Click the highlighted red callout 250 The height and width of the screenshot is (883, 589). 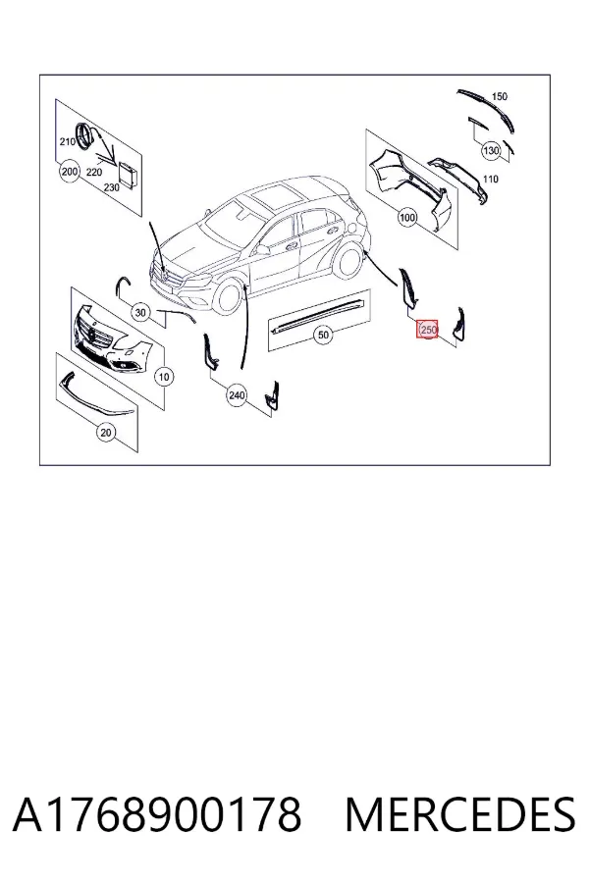pos(427,329)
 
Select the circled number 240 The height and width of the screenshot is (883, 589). pos(237,395)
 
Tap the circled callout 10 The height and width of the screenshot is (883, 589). pos(164,376)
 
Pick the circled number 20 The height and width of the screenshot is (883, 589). pos(106,432)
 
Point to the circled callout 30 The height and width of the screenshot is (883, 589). pos(141,313)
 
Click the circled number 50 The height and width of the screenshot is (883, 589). pos(323,336)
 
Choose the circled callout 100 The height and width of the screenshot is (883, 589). pos(407,218)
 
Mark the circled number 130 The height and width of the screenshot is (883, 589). pos(491,150)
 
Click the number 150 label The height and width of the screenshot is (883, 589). pos(500,97)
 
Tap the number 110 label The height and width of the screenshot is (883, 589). pos(491,180)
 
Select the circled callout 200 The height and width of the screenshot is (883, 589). pos(70,171)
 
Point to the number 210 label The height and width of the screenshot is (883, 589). pos(68,142)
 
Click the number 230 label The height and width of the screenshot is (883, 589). pos(112,187)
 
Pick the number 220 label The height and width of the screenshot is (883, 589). pos(94,173)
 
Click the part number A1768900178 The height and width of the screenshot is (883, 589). pos(157,815)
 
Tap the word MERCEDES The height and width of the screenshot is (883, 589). pos(460,815)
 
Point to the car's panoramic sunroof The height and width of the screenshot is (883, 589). pos(275,197)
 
